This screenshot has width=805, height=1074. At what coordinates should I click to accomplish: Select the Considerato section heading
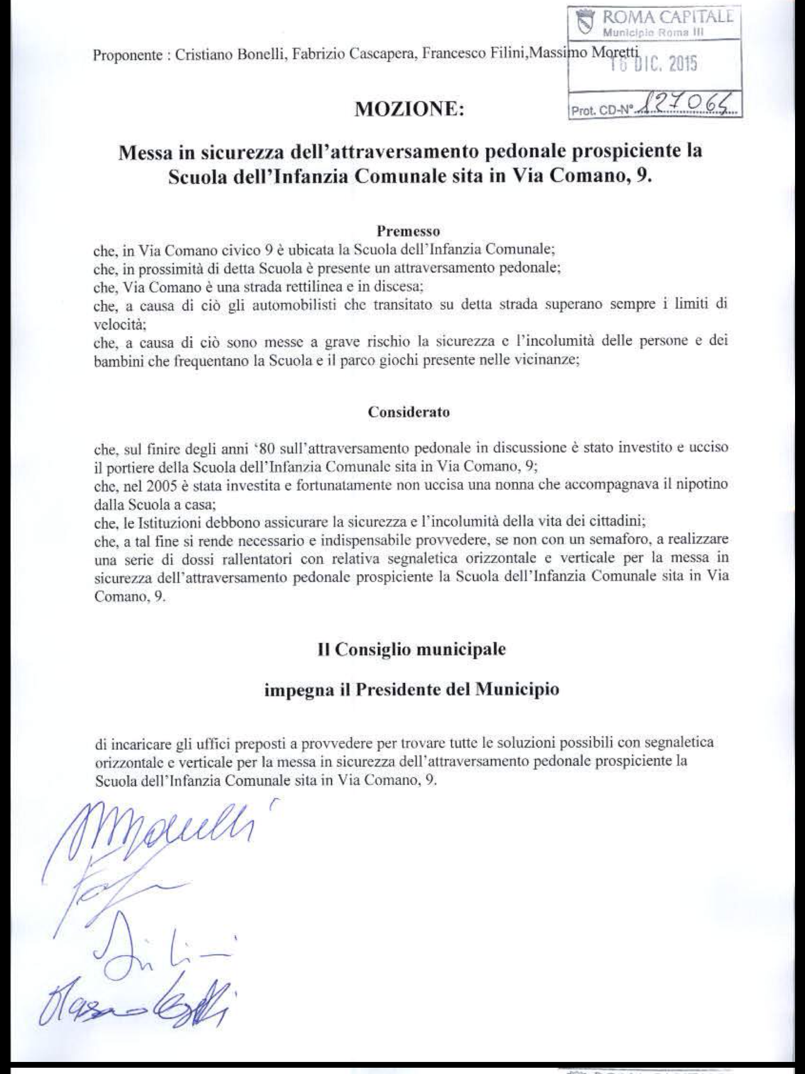409,412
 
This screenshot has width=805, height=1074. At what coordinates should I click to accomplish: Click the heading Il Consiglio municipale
411,650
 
